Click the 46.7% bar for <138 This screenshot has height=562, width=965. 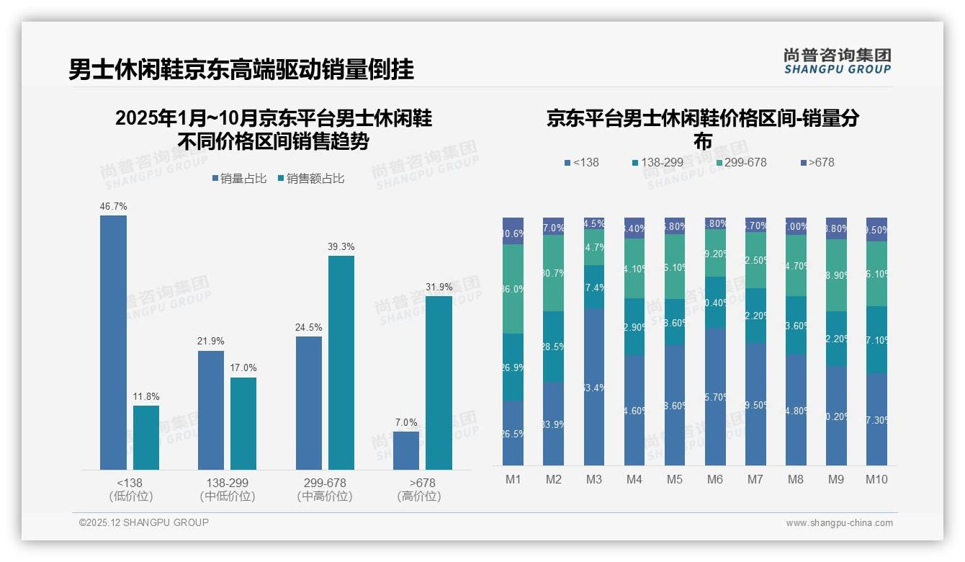pos(113,342)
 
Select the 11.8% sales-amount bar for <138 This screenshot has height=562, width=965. pos(146,437)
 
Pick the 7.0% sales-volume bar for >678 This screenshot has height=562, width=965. pos(406,450)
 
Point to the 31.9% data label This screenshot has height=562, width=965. pos(439,287)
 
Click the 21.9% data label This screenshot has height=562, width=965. pos(211,342)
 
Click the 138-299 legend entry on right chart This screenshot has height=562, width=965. pos(657,163)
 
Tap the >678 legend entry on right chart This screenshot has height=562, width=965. pos(817,163)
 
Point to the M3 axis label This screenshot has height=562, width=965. pos(594,480)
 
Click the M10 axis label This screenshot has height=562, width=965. pos(876,480)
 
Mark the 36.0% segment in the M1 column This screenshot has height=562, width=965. pos(513,289)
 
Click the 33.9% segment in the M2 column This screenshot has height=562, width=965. pos(554,424)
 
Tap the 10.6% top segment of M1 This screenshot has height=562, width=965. pos(513,231)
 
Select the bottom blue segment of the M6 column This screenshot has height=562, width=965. pos(715,396)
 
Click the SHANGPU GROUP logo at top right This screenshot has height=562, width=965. pos(837,61)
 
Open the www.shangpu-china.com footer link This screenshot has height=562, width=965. pos(839,523)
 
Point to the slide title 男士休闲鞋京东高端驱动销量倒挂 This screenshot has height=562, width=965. pos(241,70)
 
